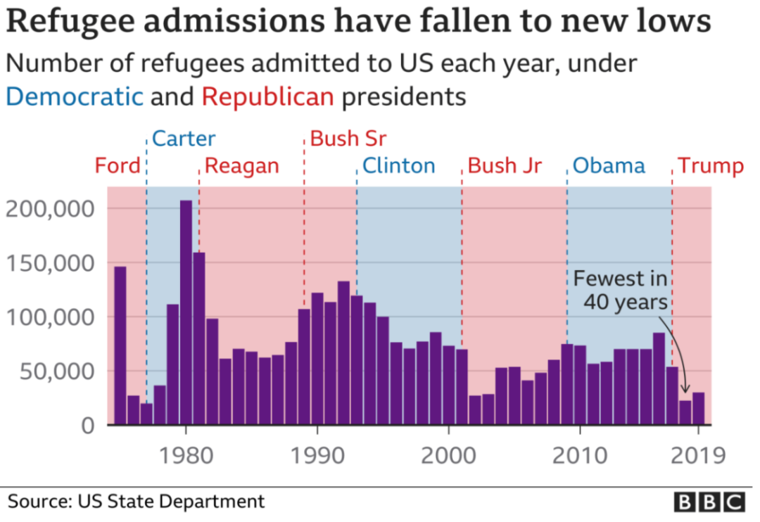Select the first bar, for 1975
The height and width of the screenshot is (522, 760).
120,345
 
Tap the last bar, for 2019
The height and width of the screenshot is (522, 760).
698,409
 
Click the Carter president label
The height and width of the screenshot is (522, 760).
184,139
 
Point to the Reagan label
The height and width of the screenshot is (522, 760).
241,167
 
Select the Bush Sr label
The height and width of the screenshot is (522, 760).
348,139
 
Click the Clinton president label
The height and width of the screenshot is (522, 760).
398,167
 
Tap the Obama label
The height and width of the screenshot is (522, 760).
608,167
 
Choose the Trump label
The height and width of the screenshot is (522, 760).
710,167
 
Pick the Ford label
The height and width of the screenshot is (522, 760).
118,167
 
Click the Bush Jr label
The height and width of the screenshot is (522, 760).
505,167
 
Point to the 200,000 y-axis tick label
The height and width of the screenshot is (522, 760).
49,209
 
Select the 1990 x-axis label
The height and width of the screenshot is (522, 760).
317,455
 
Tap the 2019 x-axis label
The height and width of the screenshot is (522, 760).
697,455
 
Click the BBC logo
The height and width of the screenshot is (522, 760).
709,502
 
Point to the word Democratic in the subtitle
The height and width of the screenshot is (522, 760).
75,96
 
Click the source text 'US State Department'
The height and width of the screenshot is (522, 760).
171,502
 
